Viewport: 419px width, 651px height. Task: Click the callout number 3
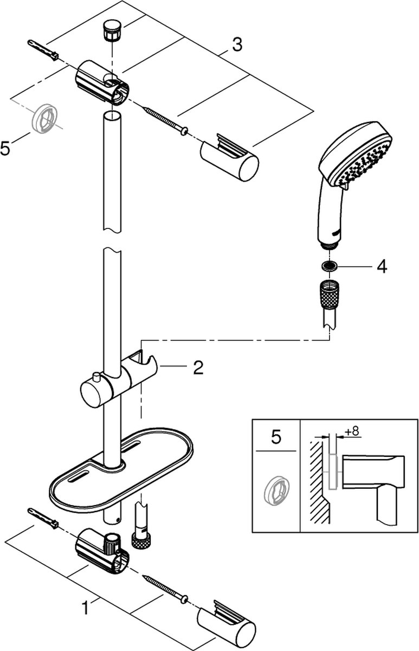click(x=236, y=45)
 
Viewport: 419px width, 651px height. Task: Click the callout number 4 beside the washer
click(x=382, y=267)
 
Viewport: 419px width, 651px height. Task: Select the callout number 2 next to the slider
click(x=198, y=368)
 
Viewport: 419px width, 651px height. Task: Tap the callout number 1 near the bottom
click(x=85, y=609)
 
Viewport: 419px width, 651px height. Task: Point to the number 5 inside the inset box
click(x=276, y=438)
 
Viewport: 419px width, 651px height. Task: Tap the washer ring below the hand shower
click(x=328, y=266)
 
